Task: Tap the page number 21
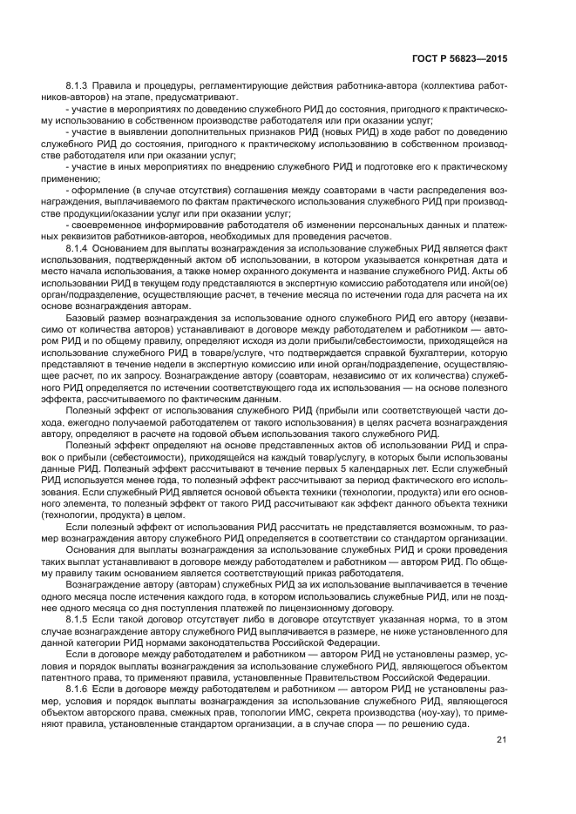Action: tap(502, 740)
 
